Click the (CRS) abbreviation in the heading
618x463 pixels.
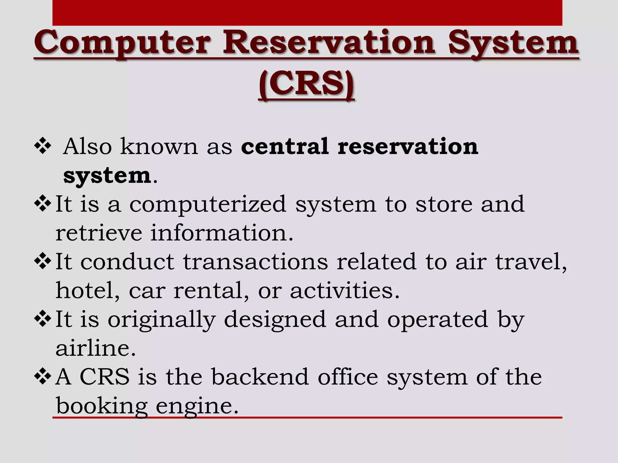[x=306, y=83]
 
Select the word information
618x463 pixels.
[x=222, y=233]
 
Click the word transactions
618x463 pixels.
[x=255, y=262]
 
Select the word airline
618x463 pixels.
[x=96, y=348]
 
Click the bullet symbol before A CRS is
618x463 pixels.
[x=43, y=377]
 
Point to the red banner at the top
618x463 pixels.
[x=307, y=13]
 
